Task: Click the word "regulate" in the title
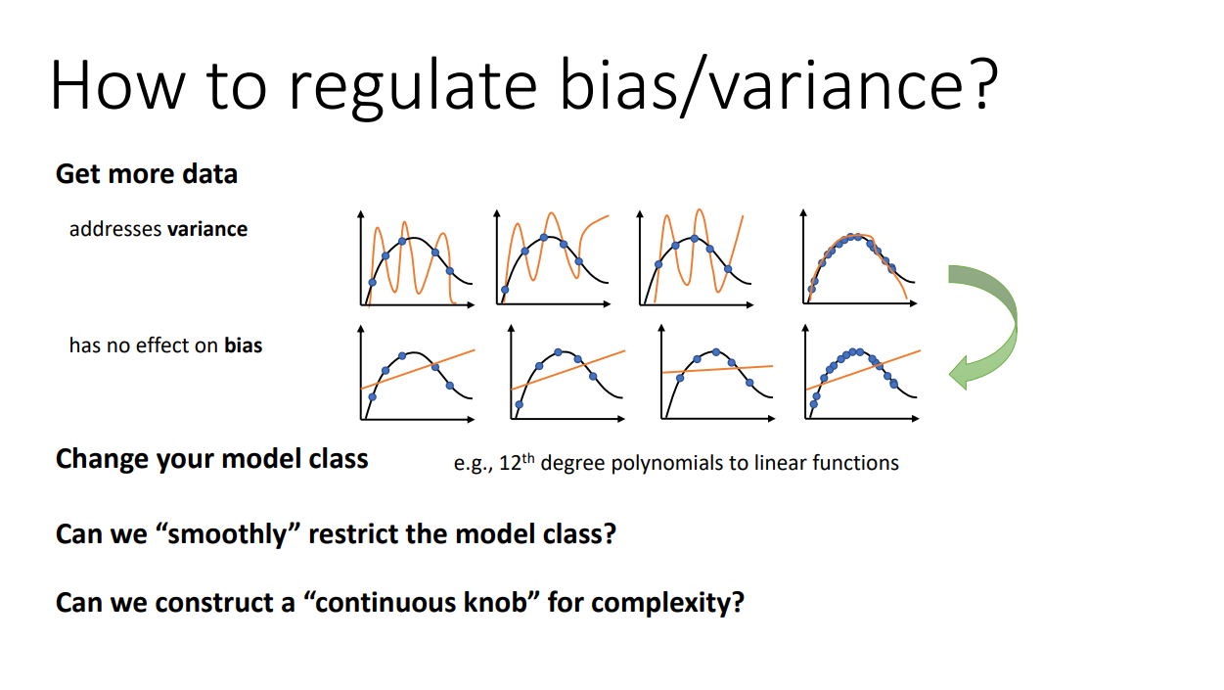pos(412,87)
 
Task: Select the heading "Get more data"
pos(147,174)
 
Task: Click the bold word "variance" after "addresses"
pos(207,229)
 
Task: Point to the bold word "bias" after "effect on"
pos(244,345)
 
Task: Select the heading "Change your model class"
pos(212,459)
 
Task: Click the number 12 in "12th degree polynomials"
pos(510,463)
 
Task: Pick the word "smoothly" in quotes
pos(227,534)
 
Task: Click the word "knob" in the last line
pos(495,602)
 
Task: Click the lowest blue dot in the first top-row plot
pos(372,283)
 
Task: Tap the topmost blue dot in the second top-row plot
pos(544,237)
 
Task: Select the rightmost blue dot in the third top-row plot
pos(728,269)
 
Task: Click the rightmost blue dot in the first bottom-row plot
pos(449,386)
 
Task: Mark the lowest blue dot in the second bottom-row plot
pos(520,404)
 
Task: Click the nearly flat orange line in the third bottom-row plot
pos(717,369)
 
